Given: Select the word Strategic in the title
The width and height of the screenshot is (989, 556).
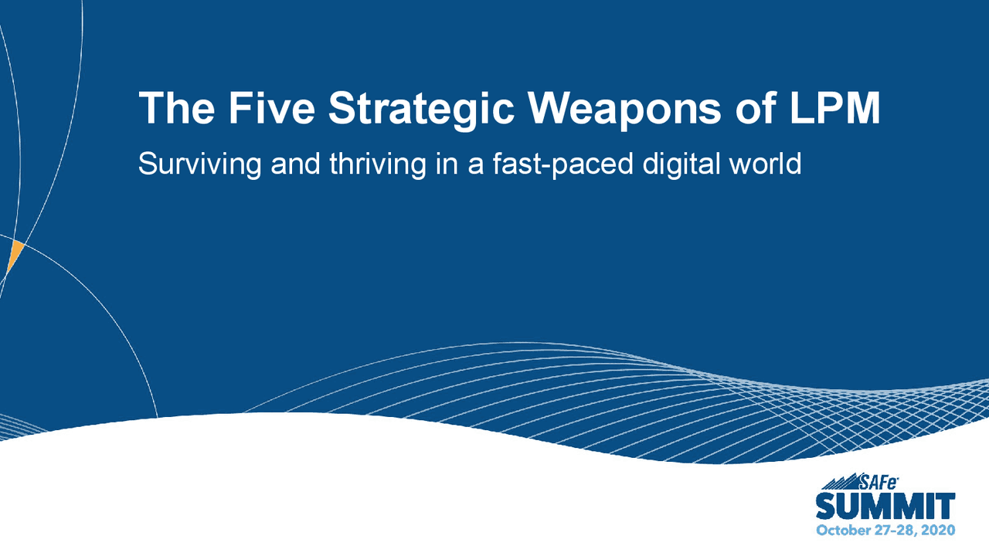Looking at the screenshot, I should click(420, 109).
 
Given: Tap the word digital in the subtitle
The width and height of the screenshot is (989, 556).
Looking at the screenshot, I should click(685, 164).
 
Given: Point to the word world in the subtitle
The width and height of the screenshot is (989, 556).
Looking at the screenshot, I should click(766, 164).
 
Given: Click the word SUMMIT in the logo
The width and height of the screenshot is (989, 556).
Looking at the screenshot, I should click(885, 507).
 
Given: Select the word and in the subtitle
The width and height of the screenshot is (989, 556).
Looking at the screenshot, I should click(296, 164).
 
